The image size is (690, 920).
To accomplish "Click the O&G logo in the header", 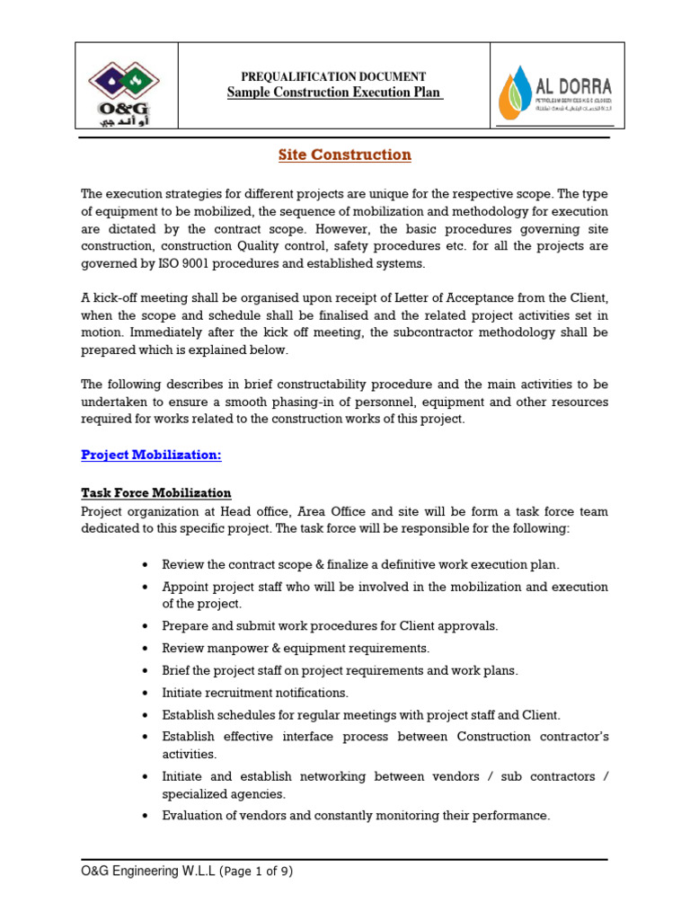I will tap(126, 86).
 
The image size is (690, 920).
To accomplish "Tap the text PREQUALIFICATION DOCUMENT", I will tap(333, 77).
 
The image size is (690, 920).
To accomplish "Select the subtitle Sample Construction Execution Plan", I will tap(334, 93).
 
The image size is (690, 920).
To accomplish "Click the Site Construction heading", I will tap(344, 155).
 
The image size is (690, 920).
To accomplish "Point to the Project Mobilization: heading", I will tap(151, 455).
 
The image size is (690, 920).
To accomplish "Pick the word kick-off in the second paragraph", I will tap(111, 297).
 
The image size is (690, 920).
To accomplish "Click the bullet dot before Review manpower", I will tap(146, 648).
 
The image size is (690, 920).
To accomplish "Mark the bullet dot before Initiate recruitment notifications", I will tap(146, 693).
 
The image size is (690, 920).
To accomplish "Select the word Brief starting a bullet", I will tap(177, 670).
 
